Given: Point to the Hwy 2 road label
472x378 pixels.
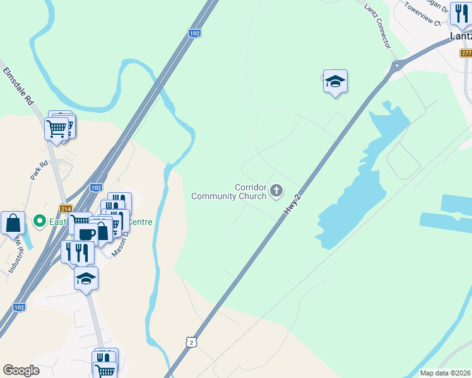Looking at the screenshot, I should coord(292,205).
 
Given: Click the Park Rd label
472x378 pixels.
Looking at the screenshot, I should coord(39,171).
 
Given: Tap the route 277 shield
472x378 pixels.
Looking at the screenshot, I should coord(466,53).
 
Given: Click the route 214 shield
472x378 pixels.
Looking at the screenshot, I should coord(65,209).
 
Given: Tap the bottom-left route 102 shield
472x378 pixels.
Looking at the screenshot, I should coord(20,307).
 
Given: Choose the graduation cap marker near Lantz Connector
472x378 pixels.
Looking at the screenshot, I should coord(336,81).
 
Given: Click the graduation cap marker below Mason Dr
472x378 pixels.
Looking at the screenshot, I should coord(86,278).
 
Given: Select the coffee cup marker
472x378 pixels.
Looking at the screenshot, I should coord(86,234).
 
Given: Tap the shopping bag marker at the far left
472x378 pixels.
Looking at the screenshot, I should coord(13,223).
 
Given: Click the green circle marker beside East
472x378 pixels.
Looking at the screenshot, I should coord(40,220).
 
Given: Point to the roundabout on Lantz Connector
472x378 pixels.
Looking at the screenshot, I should coord(397,66).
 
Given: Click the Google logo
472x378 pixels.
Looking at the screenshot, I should coord(21,370).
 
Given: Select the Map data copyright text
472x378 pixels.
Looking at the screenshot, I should coord(445,373).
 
